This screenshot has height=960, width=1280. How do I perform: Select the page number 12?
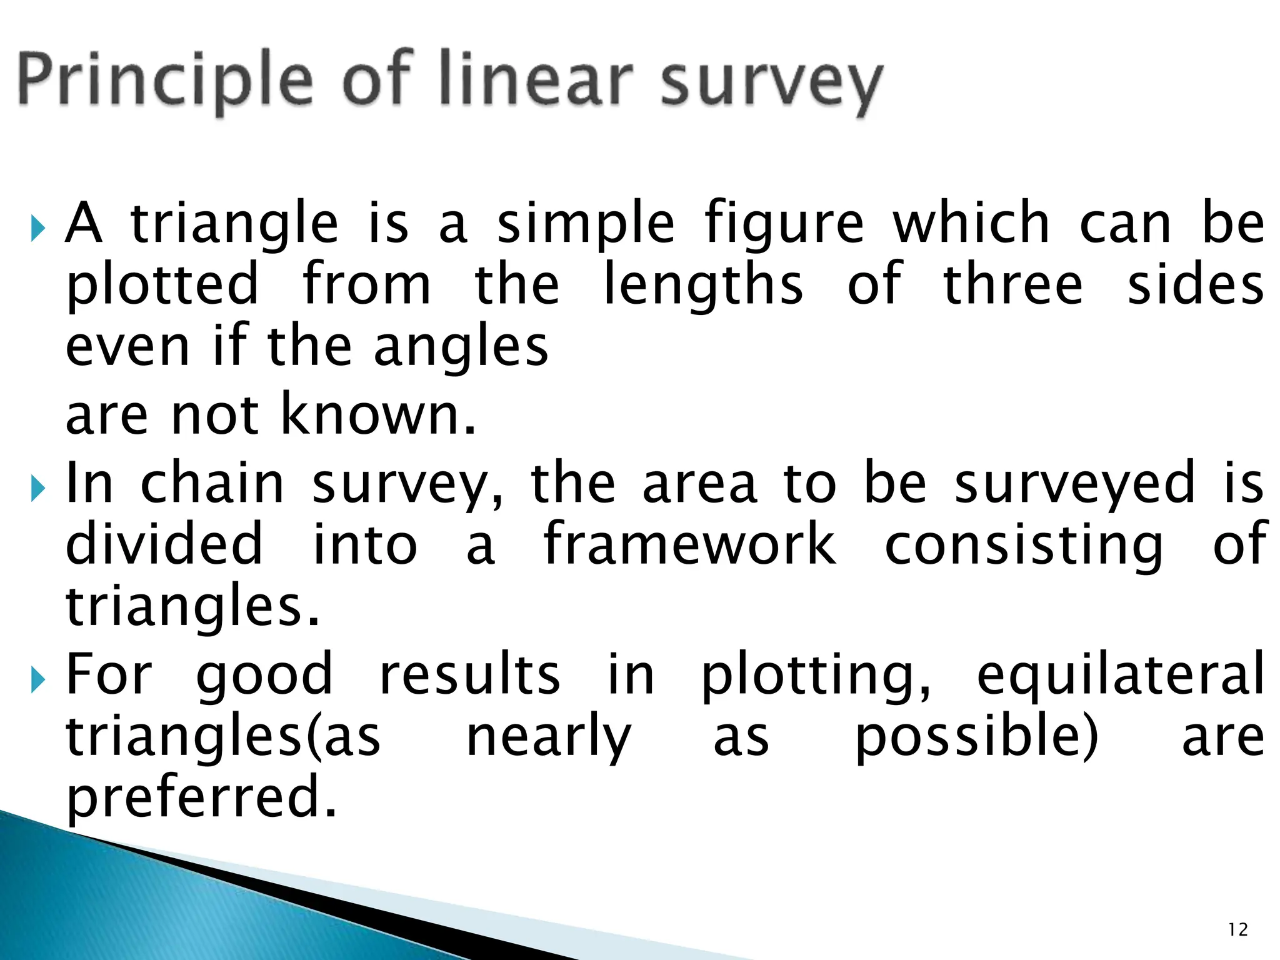coord(1237,930)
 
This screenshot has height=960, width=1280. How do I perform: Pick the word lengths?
coord(703,286)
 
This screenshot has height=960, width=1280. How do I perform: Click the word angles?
coord(461,349)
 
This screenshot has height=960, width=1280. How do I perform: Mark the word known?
coord(378,414)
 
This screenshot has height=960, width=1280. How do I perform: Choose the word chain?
coord(212,482)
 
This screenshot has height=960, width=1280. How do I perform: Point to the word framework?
coord(689,544)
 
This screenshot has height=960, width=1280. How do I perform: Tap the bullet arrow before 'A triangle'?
coord(38,229)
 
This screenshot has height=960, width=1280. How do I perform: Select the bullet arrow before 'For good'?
coord(38,679)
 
